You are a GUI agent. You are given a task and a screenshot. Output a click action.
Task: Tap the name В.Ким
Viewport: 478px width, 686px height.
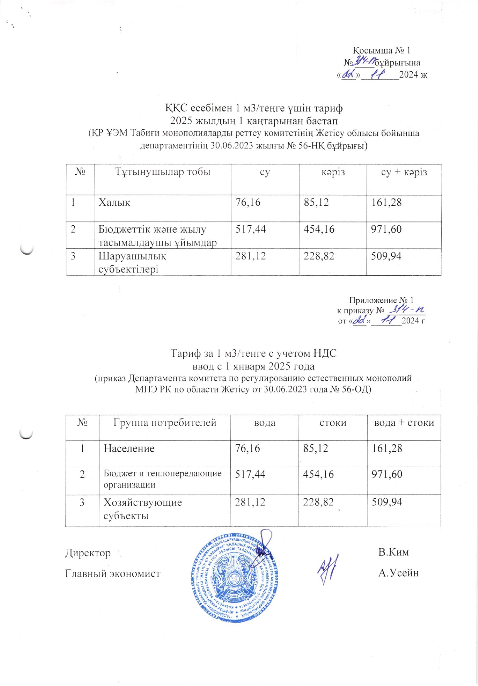coord(393,552)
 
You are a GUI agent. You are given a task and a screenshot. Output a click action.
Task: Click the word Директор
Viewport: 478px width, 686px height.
coord(88,553)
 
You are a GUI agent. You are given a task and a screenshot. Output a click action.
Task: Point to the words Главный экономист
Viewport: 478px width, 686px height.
coord(113,573)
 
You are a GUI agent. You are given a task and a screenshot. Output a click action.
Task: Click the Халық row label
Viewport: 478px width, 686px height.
coord(115,202)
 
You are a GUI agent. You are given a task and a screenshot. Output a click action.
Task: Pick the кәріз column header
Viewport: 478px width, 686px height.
coord(333,172)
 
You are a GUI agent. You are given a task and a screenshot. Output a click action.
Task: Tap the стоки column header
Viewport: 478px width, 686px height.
coord(333,423)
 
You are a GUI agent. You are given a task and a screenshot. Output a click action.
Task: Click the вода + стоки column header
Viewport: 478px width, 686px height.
coord(404,423)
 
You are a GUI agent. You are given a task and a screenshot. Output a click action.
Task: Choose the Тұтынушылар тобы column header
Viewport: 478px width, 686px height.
coord(162,172)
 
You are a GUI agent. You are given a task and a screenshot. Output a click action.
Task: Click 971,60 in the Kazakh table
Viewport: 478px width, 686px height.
coord(386,229)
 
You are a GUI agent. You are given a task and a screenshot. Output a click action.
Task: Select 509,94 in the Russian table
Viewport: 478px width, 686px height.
coord(387,502)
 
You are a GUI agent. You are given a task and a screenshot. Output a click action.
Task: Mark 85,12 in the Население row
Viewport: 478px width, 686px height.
coord(316,448)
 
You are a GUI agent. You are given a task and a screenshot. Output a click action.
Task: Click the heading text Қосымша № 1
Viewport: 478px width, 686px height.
coord(382,51)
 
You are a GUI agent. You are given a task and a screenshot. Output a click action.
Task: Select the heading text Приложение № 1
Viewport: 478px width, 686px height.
coord(381,300)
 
